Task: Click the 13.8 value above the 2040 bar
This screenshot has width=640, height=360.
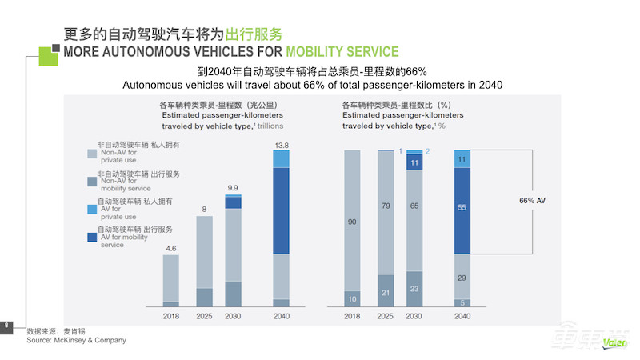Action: pos(281,144)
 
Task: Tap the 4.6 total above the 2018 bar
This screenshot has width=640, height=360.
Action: pos(170,249)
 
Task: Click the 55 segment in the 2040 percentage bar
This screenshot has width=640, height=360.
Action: pos(462,206)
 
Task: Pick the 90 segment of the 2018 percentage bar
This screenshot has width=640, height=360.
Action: pos(352,222)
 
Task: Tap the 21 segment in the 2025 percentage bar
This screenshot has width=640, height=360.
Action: pos(385,292)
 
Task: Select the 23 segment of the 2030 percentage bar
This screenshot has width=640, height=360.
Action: pos(414,289)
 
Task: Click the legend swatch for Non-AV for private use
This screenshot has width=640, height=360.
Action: pos(92,153)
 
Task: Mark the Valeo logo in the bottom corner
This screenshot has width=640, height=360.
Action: pos(618,345)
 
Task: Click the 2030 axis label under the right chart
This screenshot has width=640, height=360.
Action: pos(414,317)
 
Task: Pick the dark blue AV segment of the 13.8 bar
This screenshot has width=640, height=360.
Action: pos(281,211)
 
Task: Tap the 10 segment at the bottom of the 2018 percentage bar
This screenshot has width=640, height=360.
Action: pos(352,298)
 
